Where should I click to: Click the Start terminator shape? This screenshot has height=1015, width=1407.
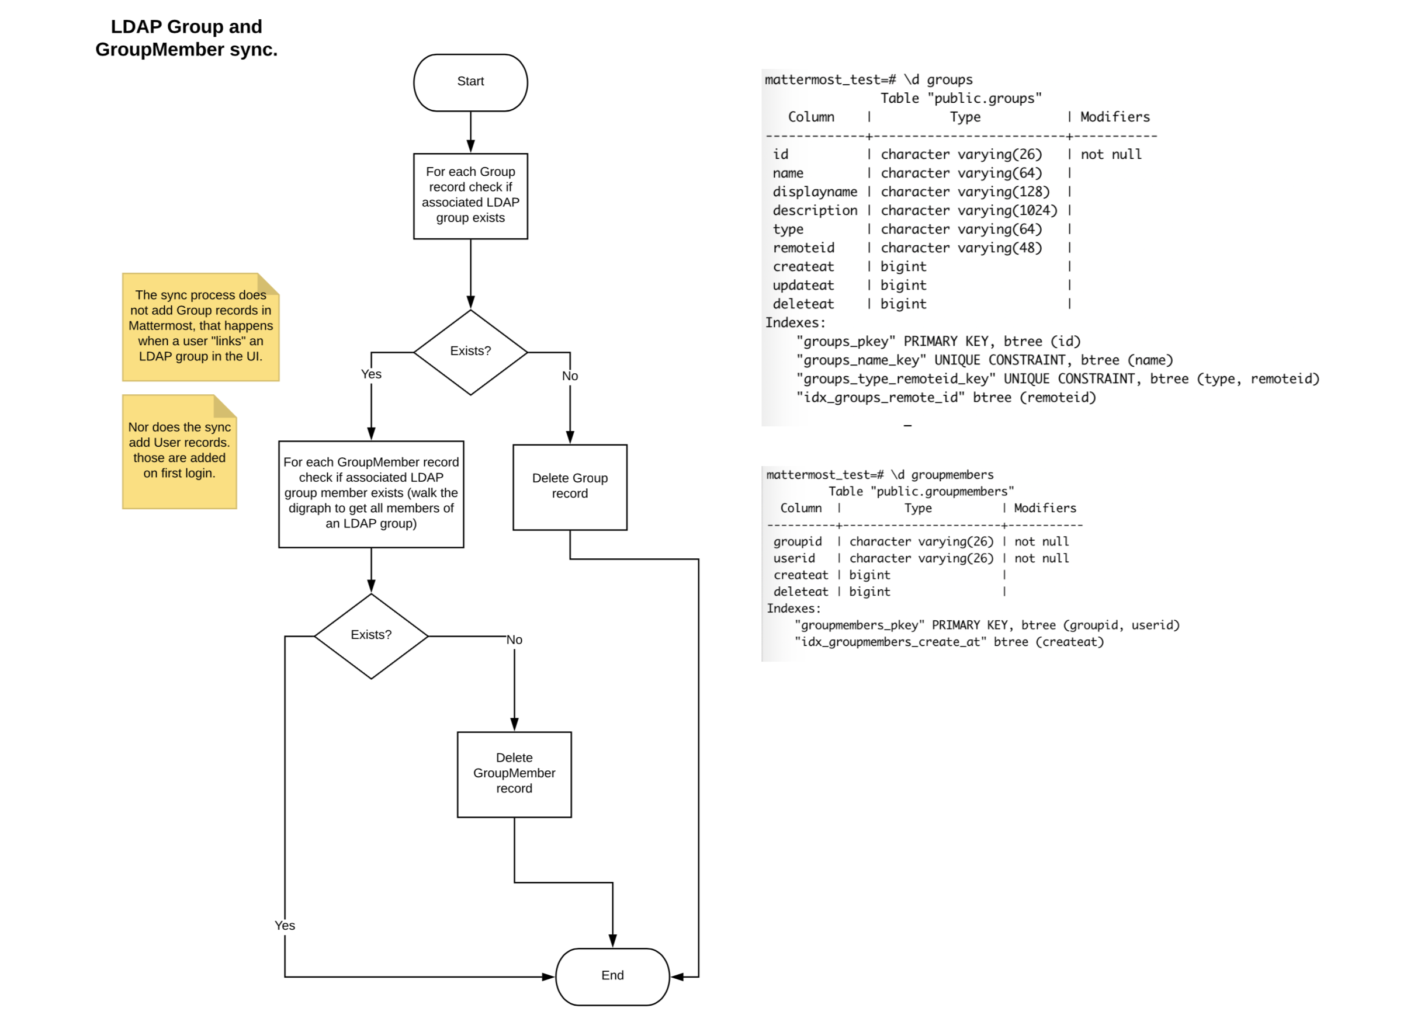click(470, 82)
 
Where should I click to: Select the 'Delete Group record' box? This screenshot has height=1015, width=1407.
click(570, 486)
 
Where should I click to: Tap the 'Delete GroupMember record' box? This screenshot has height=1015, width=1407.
click(514, 774)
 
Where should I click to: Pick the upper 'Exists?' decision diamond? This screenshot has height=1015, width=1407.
click(470, 352)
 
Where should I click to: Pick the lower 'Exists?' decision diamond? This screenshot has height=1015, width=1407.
click(371, 635)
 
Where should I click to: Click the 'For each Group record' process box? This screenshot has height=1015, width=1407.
click(470, 196)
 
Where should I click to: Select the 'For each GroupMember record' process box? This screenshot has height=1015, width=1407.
click(371, 493)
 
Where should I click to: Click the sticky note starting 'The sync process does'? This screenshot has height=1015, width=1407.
click(200, 327)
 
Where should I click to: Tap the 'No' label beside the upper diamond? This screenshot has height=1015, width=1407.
click(570, 376)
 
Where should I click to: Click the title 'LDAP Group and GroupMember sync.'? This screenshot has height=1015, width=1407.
click(186, 38)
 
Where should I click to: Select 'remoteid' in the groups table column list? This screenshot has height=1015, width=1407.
click(803, 248)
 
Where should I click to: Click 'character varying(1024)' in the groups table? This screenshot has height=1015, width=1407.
click(968, 211)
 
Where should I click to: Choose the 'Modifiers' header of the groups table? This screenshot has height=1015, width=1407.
click(1115, 117)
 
